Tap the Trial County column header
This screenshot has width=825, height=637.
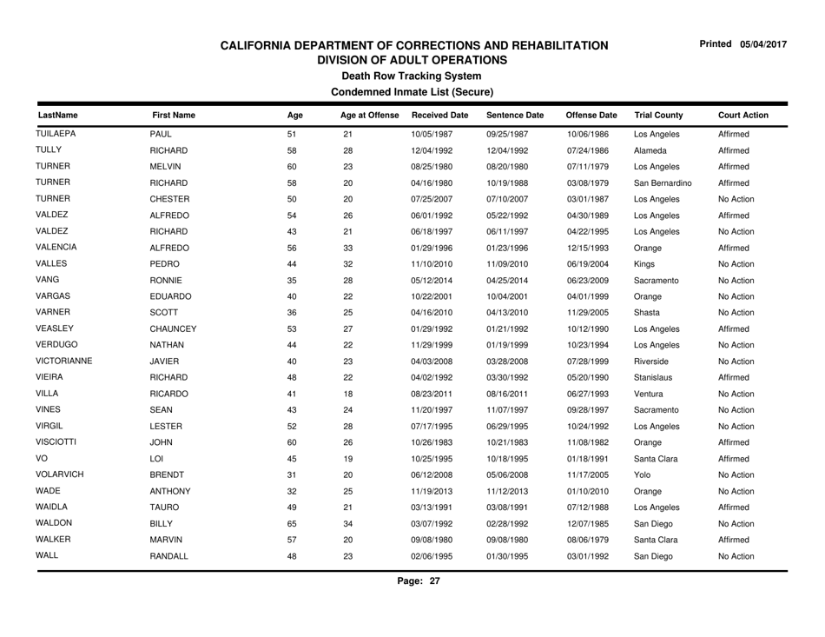(x=658, y=114)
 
